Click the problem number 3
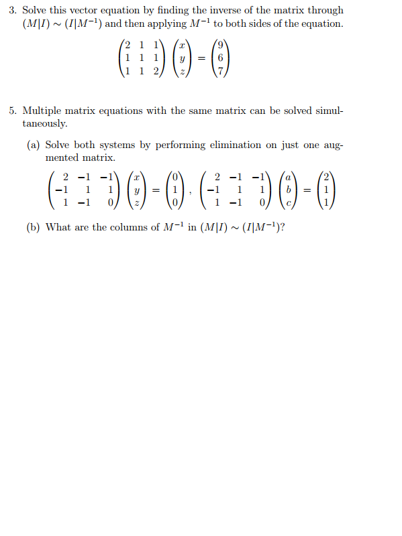(x=13, y=11)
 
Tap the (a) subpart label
(x=34, y=145)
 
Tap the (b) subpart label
(x=34, y=227)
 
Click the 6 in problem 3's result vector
(x=228, y=59)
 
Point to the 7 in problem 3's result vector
(x=228, y=71)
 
